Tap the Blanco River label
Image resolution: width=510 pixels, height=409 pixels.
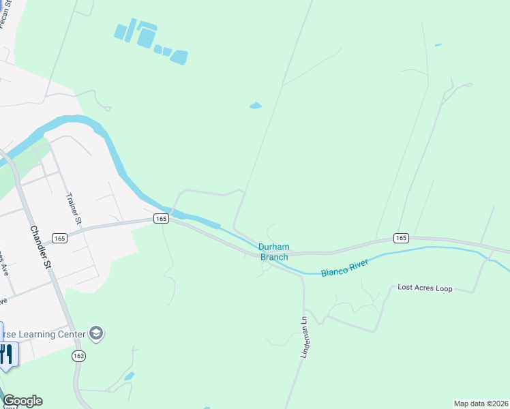pos(344,268)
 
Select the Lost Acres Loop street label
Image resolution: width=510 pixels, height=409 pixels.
pos(425,288)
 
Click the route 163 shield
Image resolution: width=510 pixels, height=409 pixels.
pos(78,357)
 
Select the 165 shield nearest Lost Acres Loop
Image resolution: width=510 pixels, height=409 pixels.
pos(401,238)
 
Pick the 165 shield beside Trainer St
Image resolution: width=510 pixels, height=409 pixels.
pos(59,238)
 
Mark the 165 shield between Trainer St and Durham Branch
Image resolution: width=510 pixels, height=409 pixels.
pos(160,218)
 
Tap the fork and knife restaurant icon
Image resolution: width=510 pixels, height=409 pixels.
pos(7,353)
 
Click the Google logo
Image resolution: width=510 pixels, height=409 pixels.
pos(22,401)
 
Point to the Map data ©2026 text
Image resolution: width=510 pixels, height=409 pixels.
pos(480,404)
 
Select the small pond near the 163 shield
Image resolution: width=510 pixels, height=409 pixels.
pos(129,376)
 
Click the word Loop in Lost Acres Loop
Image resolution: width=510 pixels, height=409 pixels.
pos(442,288)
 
